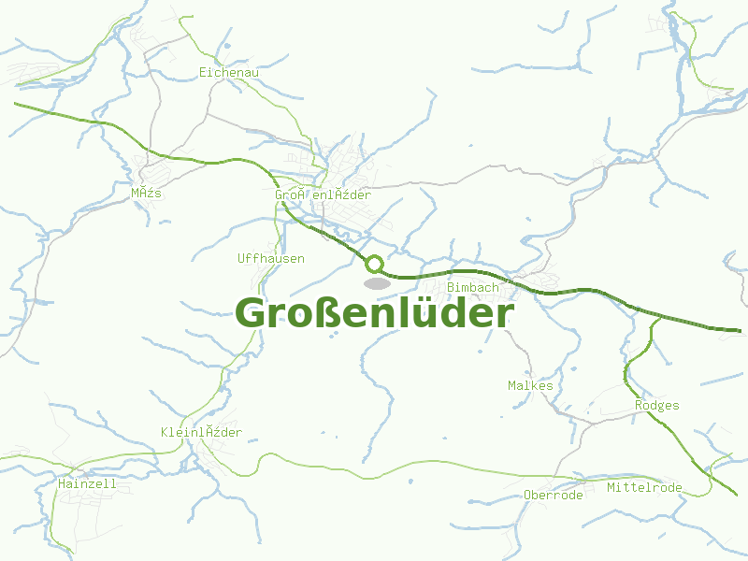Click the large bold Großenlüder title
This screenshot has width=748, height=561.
(x=374, y=313)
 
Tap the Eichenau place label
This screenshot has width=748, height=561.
(x=229, y=71)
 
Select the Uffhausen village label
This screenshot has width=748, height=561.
(x=271, y=258)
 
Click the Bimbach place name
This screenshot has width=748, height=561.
(x=473, y=287)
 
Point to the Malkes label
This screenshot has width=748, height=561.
(x=530, y=385)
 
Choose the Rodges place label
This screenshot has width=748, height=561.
(x=656, y=405)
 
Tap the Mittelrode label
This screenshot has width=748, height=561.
(x=644, y=488)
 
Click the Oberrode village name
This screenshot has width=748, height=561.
(x=554, y=495)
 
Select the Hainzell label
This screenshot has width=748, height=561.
(x=87, y=483)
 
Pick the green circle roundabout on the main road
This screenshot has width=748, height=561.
(x=374, y=264)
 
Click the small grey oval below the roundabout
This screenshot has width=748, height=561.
(x=377, y=282)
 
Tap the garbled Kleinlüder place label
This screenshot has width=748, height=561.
(x=201, y=432)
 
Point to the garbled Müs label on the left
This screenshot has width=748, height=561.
(x=147, y=193)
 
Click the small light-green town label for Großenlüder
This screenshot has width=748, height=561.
(x=323, y=194)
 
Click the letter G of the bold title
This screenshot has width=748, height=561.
(x=251, y=313)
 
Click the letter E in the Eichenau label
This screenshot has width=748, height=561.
(x=203, y=71)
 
